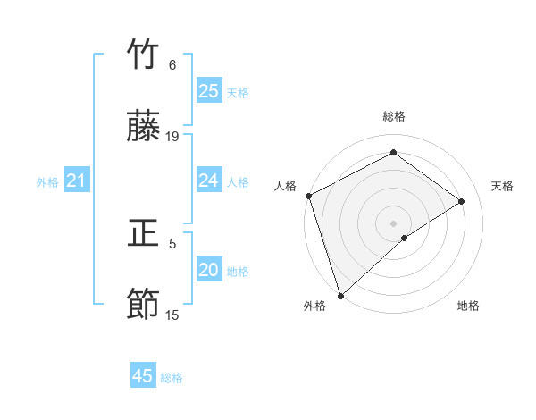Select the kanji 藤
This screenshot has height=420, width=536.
point(144,128)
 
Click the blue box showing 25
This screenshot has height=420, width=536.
point(208,91)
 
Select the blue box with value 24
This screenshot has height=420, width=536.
point(208,181)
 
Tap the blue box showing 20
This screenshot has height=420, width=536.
point(208,270)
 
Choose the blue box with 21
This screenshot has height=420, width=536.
point(76,181)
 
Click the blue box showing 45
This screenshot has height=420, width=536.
point(143,376)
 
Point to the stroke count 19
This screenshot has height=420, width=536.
point(172,136)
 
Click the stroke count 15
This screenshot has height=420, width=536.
point(172,315)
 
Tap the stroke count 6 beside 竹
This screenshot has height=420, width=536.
point(172,64)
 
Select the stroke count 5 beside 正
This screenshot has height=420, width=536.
point(172,242)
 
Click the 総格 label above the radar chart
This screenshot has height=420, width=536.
point(394,116)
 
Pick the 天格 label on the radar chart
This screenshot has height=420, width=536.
point(503,186)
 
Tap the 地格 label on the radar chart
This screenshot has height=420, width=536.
point(468,306)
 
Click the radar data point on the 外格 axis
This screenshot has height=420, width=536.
point(339,295)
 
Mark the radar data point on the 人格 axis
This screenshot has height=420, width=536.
point(308,196)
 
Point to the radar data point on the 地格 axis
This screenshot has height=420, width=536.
point(405,238)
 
